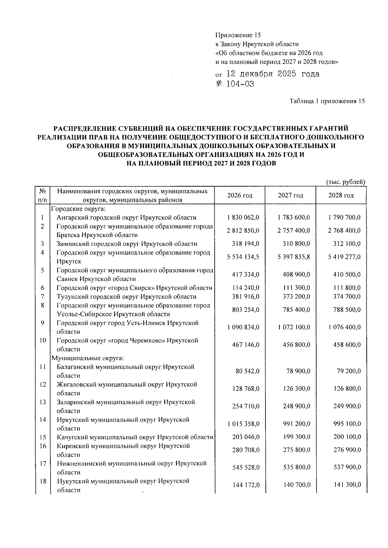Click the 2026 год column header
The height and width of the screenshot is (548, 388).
[240, 195]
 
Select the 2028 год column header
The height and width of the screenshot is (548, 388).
[341, 195]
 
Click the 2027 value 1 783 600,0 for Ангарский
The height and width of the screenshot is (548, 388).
[294, 218]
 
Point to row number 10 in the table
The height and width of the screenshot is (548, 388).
[43, 340]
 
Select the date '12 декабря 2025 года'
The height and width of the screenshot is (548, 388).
[273, 74]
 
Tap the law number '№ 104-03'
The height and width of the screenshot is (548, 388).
[235, 84]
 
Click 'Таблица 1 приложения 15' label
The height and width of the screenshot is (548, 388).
[327, 101]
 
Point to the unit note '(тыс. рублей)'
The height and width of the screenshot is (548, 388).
[346, 182]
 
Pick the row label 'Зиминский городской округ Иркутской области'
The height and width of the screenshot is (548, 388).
[127, 244]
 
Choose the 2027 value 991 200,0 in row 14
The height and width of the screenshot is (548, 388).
[296, 424]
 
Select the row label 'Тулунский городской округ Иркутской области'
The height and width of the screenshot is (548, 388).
[126, 297]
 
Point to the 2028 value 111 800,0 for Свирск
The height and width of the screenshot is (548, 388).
[347, 288]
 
